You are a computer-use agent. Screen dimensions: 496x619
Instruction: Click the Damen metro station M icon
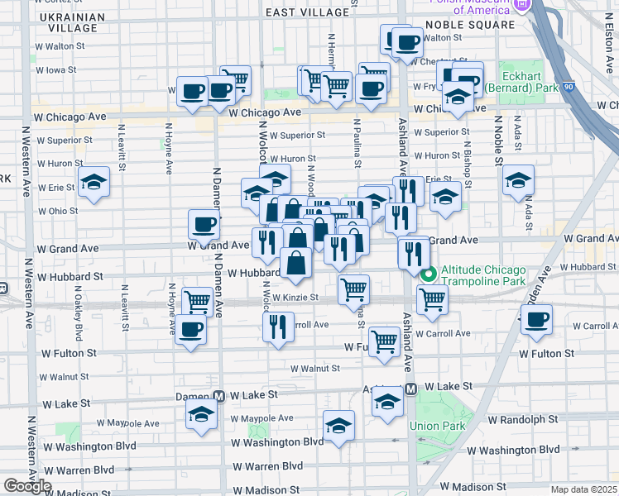tap(219, 397)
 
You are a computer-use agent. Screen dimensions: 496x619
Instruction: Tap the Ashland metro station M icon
tap(410, 389)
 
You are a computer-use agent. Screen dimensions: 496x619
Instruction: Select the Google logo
tap(27, 486)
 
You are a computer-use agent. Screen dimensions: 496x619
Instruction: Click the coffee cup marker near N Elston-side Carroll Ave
tap(536, 318)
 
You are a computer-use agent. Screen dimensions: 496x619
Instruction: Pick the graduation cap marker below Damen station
tap(200, 415)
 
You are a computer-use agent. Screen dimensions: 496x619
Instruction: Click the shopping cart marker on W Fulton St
tap(384, 340)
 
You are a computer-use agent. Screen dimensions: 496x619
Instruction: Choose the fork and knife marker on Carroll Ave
tap(278, 325)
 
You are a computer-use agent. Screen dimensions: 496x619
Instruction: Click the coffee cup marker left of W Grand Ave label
tap(204, 223)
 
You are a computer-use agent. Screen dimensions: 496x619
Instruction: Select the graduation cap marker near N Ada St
tap(518, 179)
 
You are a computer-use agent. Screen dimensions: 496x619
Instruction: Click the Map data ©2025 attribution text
tap(583, 489)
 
